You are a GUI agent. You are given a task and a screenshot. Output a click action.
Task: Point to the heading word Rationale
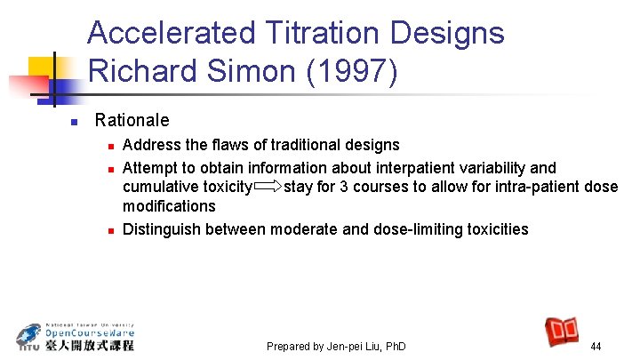pos(132,120)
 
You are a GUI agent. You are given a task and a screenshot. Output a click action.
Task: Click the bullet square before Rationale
pos(76,121)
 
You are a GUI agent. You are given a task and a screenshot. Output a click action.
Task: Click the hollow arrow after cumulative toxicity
pos(268,187)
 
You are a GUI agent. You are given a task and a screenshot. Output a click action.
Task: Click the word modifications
pos(169,206)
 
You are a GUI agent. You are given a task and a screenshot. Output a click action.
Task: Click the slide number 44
pos(596,346)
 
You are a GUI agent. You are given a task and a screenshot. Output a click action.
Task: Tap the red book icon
pos(563,332)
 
